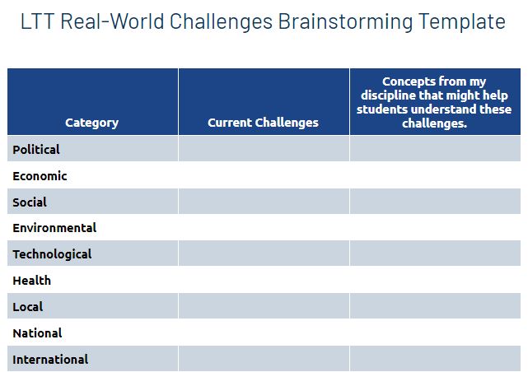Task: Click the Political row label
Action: [x=36, y=150]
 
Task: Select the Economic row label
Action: [x=40, y=176]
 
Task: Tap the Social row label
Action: [x=30, y=202]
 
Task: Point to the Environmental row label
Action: [x=54, y=228]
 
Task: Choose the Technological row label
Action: [x=52, y=254]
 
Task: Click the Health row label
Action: [x=32, y=281]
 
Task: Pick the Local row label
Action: [x=28, y=307]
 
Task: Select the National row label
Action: [x=37, y=333]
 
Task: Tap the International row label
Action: [x=50, y=360]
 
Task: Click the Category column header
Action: [x=91, y=123]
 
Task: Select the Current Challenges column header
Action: [x=263, y=123]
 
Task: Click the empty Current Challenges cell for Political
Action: [x=264, y=149]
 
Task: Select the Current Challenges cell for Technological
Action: [x=264, y=253]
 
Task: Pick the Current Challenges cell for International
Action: [x=264, y=359]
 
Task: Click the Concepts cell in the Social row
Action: [x=435, y=202]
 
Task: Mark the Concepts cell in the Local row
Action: [x=435, y=306]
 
